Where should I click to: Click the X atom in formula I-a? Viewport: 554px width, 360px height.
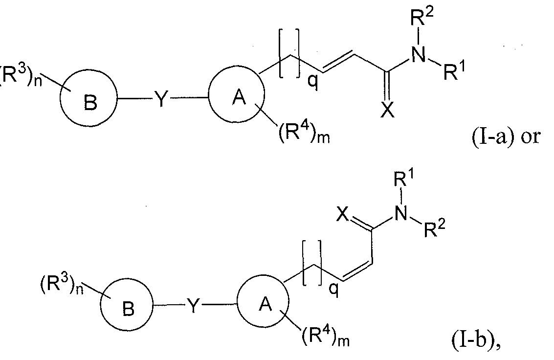[388, 111]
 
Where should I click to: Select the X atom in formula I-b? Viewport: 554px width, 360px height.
[342, 214]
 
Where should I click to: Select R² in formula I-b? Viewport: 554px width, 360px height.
[434, 228]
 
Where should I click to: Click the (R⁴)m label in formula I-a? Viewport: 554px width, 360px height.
[304, 135]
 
